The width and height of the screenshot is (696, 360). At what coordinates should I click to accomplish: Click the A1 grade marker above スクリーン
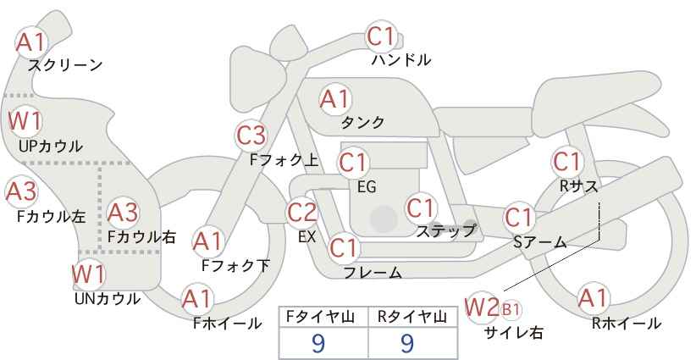[x=30, y=42]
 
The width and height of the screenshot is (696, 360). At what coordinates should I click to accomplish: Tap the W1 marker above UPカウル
[x=25, y=121]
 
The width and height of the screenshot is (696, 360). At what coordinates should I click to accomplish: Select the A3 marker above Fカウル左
[x=21, y=191]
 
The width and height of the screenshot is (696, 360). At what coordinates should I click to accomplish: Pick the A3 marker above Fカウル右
[x=123, y=213]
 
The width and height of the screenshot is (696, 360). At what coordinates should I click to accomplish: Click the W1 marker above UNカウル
[x=88, y=274]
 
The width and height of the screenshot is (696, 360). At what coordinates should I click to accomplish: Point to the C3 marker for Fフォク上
[x=251, y=136]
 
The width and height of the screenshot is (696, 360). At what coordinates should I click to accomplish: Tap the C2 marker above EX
[x=302, y=213]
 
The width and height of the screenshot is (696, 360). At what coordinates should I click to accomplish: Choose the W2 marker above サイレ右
[x=482, y=307]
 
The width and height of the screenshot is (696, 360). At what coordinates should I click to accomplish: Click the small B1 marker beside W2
[x=511, y=309]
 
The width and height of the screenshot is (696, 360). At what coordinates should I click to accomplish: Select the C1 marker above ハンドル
[x=381, y=36]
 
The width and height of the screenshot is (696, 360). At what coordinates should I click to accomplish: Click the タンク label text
[x=362, y=123]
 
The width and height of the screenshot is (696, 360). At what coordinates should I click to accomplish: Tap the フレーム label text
[x=373, y=272]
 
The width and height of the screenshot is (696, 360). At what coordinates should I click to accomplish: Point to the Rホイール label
[x=627, y=324]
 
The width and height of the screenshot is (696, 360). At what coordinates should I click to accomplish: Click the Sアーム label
[x=539, y=242]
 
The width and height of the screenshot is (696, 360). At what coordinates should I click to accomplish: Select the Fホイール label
[x=227, y=324]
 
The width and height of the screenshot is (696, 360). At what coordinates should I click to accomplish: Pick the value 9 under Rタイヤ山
[x=407, y=343]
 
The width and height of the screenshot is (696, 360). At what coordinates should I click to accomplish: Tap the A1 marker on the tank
[x=335, y=100]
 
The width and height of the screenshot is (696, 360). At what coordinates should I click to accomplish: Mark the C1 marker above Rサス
[x=567, y=162]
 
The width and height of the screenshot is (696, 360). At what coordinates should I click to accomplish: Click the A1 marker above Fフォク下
[x=207, y=242]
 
